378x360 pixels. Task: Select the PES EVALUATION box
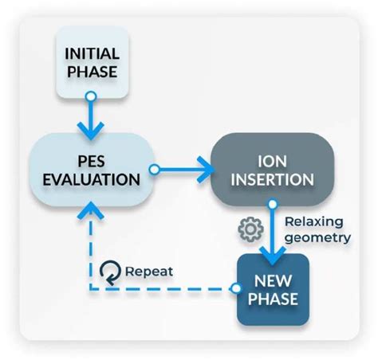click(x=92, y=169)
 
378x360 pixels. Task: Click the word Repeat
click(x=148, y=271)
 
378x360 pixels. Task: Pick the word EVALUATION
click(x=92, y=179)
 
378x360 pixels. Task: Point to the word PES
click(x=92, y=158)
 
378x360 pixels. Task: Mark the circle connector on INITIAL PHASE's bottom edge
click(x=91, y=96)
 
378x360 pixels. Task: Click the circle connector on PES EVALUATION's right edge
click(x=155, y=169)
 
